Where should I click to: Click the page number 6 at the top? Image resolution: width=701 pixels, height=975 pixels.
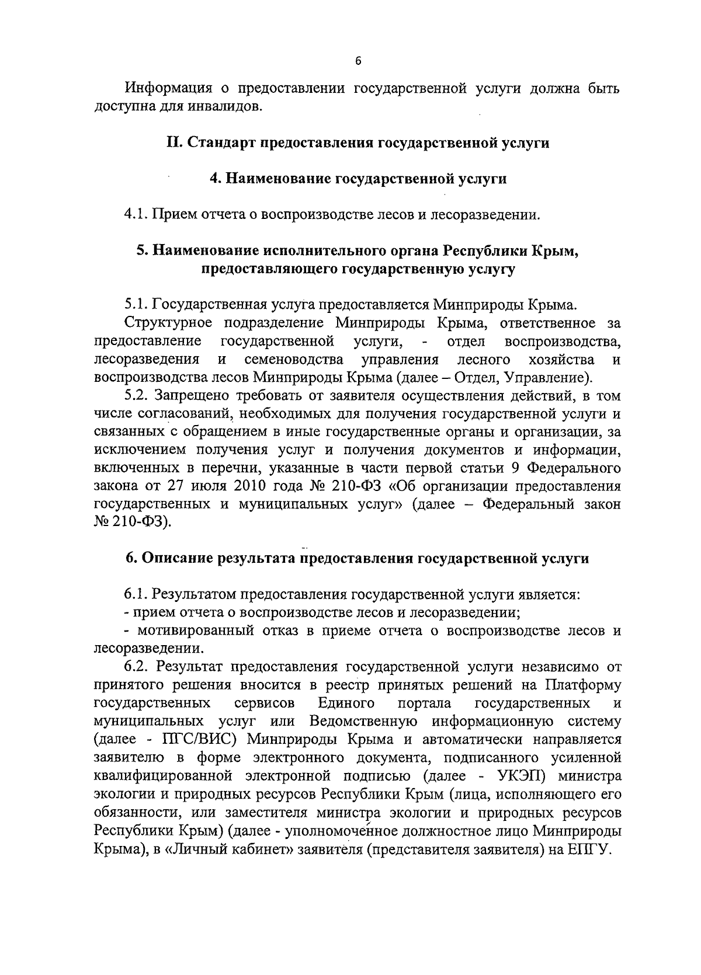pyautogui.click(x=358, y=60)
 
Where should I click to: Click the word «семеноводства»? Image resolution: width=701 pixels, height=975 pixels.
pyautogui.click(x=294, y=359)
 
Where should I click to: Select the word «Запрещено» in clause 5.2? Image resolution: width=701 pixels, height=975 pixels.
pyautogui.click(x=193, y=395)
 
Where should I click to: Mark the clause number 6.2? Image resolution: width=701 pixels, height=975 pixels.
pyautogui.click(x=137, y=667)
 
